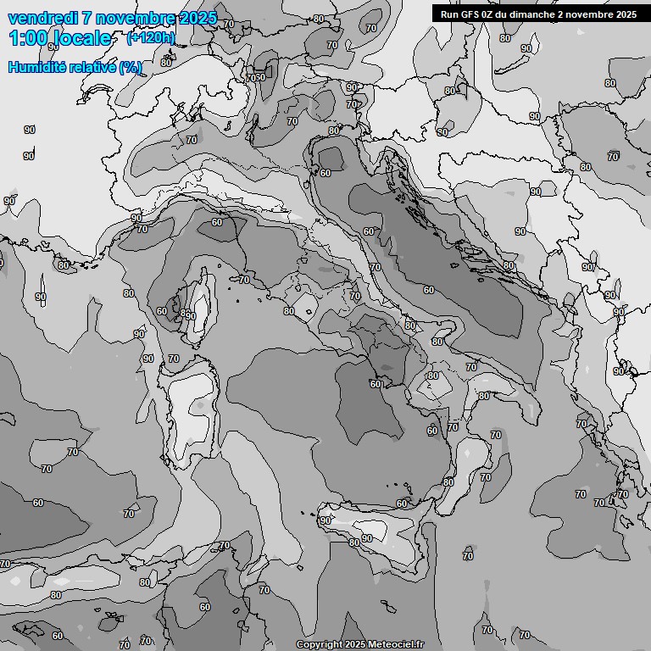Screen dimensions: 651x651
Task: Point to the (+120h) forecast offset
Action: point(150,37)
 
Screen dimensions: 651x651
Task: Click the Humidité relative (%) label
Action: point(75,67)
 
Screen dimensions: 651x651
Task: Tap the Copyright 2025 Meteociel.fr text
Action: point(359,645)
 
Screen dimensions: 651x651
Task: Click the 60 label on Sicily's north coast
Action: point(402,504)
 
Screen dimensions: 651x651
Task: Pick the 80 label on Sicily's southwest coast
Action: point(354,543)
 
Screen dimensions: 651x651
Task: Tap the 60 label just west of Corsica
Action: point(162,311)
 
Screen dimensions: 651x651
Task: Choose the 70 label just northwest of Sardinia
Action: point(173,359)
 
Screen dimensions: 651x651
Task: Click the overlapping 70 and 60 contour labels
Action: point(255,78)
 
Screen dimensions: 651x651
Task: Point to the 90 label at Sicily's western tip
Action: point(325,520)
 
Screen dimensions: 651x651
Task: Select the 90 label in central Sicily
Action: point(366,538)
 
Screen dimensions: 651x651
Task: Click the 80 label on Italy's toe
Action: point(448,482)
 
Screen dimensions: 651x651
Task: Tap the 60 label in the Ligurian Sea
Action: point(218,223)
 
